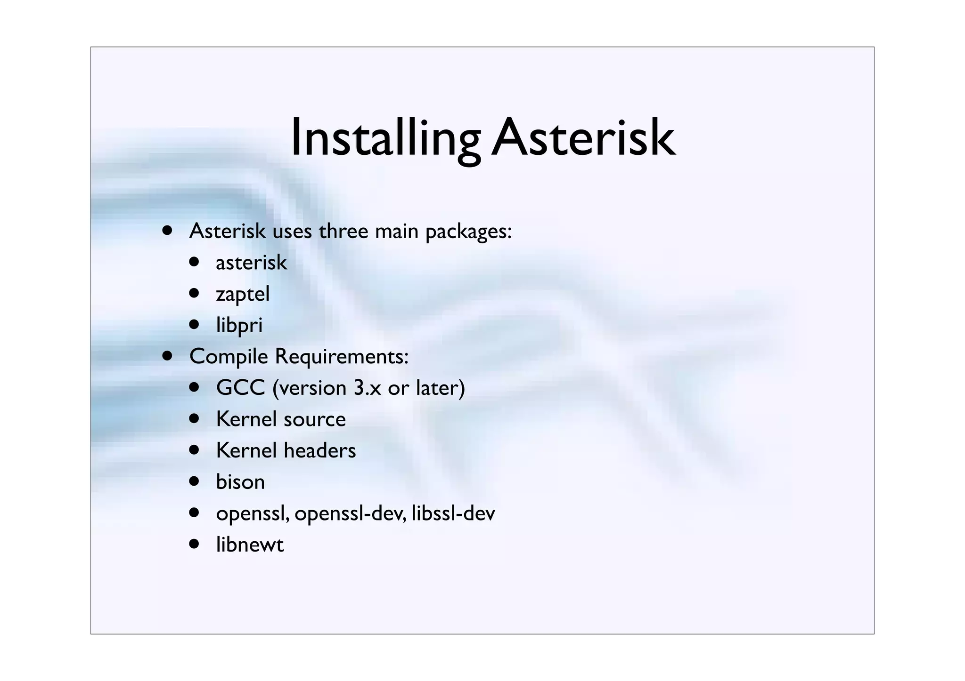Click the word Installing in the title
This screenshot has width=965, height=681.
click(385, 138)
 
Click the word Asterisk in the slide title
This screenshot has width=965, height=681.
click(583, 138)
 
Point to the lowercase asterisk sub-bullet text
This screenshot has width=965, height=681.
click(251, 263)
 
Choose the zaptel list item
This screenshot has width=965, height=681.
click(243, 294)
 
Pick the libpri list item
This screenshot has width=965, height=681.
click(239, 325)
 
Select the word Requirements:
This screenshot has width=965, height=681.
click(342, 357)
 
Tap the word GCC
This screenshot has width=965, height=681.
click(240, 388)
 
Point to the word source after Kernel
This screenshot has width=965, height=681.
click(316, 419)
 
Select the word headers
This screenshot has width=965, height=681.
click(319, 450)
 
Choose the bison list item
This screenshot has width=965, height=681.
click(240, 482)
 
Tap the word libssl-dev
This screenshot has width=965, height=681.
click(453, 513)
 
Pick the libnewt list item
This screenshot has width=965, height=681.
click(250, 545)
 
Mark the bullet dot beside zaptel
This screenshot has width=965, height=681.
click(195, 293)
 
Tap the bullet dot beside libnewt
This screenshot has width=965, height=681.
click(195, 544)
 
